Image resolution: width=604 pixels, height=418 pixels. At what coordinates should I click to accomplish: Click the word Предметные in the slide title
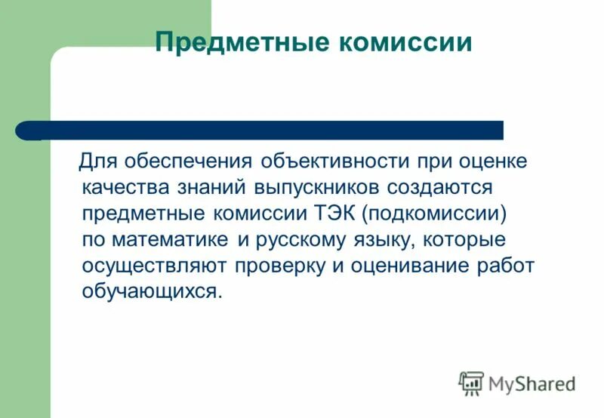241,42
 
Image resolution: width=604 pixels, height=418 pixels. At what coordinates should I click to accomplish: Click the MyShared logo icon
471,383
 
